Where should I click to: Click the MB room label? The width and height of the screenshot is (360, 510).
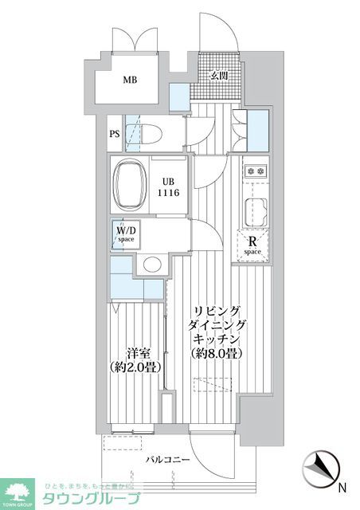129,80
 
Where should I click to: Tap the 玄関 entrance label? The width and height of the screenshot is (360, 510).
219,76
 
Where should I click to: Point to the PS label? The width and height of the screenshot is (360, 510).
115,134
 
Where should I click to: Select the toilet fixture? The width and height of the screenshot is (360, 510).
151,134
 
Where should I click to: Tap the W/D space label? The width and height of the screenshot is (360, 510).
127,234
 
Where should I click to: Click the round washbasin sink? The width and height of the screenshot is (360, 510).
151,265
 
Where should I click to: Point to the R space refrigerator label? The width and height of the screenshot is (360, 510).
252,244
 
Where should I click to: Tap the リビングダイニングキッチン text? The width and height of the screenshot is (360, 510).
217,325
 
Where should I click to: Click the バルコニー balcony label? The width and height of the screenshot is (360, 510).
162,461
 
